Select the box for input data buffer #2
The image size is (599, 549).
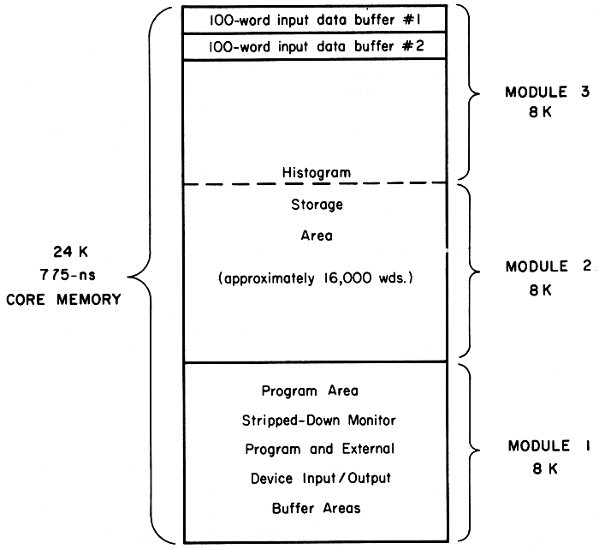point(316,46)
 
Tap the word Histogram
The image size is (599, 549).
point(316,172)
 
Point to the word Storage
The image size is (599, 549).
point(316,205)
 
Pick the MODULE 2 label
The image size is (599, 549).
point(548,266)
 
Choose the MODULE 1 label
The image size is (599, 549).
point(539,445)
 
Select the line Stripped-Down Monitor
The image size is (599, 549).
point(316,420)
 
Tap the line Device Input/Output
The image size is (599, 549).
point(316,478)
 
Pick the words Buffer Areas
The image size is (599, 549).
point(316,508)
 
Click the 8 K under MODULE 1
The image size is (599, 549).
point(539,468)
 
